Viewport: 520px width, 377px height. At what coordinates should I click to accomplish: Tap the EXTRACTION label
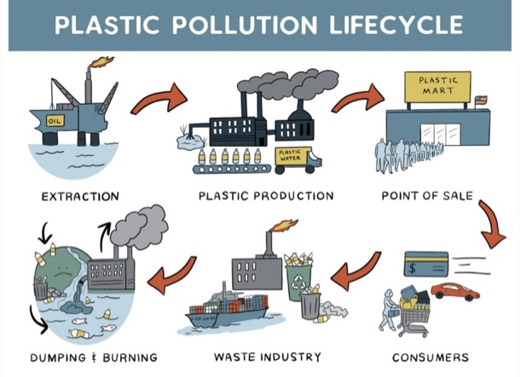coord(81,197)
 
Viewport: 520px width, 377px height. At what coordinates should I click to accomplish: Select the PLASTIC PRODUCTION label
coord(266,196)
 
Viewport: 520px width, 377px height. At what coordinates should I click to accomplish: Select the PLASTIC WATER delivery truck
coord(294,156)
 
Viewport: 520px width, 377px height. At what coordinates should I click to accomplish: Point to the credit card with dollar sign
coord(427,265)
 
